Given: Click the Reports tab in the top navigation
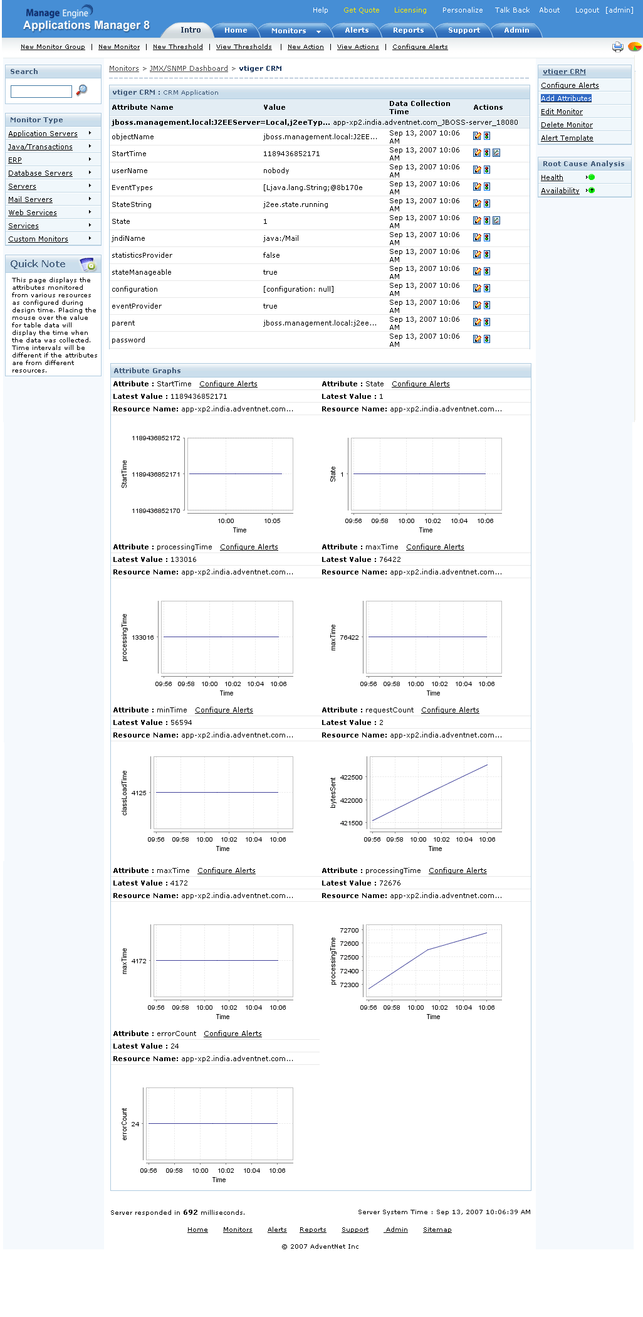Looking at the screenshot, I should (408, 30).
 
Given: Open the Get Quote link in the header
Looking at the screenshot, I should (362, 10).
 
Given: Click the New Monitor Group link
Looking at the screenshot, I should (53, 47).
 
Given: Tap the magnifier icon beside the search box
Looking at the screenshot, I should (81, 90).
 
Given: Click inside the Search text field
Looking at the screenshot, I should (41, 92).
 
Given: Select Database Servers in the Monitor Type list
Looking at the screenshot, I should (40, 173).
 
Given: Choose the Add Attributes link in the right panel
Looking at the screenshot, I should (566, 98).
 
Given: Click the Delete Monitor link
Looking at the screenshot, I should (567, 125).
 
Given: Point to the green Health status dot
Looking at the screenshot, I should (592, 177).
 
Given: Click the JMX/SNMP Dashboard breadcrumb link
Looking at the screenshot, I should (189, 69).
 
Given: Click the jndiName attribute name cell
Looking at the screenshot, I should (128, 238).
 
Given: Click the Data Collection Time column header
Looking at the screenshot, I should (419, 107).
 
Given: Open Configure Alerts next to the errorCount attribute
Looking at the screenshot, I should (233, 1034).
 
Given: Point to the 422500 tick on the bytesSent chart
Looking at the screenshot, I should (351, 778).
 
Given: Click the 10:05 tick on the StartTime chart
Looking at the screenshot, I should (272, 521).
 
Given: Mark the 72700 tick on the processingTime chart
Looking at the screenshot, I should (349, 931).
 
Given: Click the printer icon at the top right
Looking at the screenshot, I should (617, 47).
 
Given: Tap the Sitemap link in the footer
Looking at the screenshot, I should (437, 1230).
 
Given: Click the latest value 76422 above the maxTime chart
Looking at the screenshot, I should (390, 559).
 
